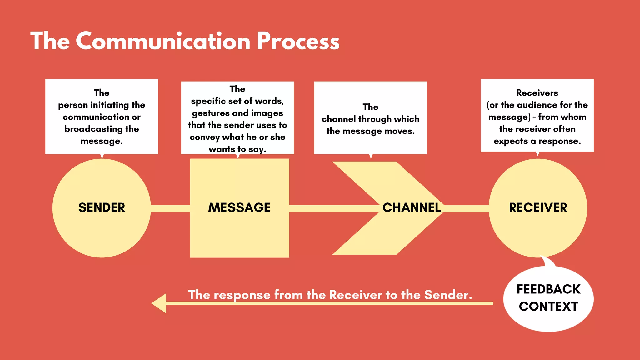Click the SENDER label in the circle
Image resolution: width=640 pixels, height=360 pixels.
[102, 208]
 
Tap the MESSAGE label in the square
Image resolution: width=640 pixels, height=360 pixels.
[239, 208]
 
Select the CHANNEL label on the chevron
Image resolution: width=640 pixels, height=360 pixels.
[412, 208]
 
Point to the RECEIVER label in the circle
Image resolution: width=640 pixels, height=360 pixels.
[538, 208]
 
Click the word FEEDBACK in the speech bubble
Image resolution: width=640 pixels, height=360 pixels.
[548, 289]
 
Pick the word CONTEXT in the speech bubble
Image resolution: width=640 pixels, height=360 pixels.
[548, 307]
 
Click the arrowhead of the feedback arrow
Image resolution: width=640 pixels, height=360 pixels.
[159, 303]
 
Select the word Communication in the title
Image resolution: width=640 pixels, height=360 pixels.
[163, 41]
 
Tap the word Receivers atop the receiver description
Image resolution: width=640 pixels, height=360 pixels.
[537, 93]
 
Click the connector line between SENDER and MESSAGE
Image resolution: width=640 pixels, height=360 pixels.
[170, 208]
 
